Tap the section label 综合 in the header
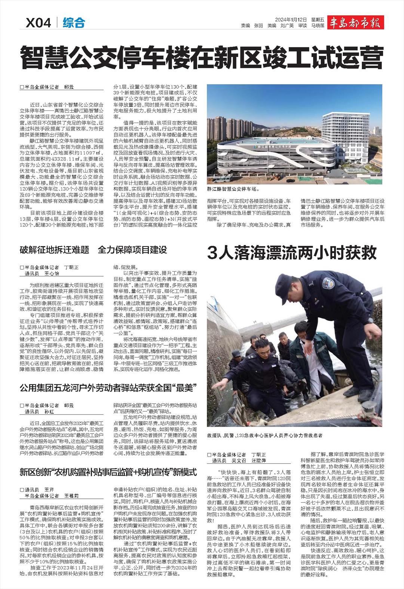(74, 23)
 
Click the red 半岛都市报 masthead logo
(355, 23)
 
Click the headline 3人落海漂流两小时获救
(292, 253)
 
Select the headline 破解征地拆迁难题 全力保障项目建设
(94, 250)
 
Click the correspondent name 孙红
(49, 412)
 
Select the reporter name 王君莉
(71, 495)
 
